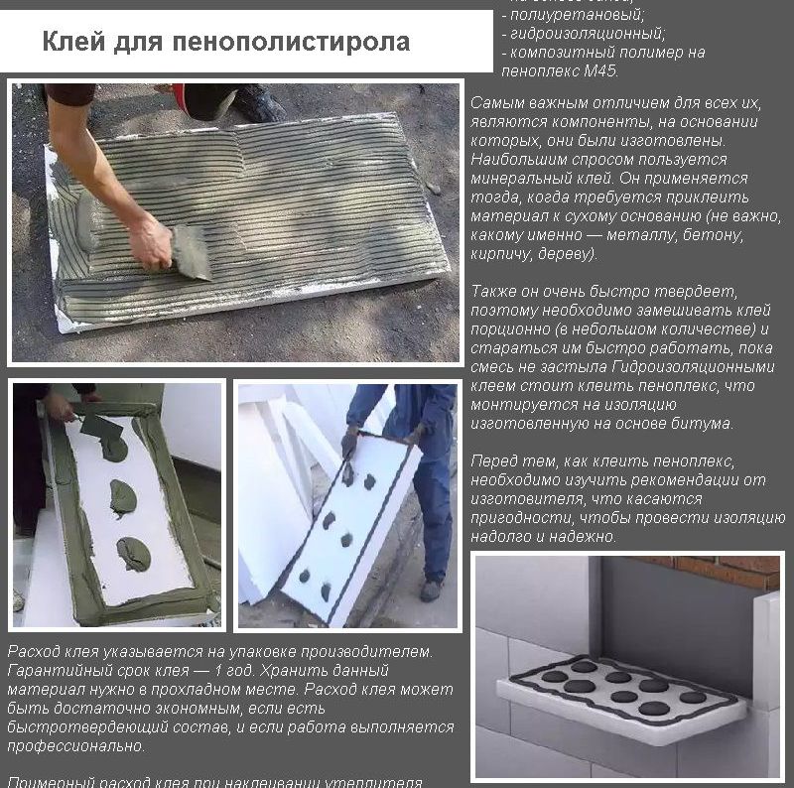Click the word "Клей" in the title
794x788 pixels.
[x=68, y=43]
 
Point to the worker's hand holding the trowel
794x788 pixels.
[x=151, y=241]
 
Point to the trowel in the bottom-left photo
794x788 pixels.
[x=100, y=427]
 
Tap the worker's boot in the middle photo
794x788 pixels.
[x=430, y=591]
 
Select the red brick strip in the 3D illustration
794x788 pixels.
[x=733, y=572]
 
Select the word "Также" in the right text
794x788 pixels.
[x=494, y=292]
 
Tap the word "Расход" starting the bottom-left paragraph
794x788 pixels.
[x=33, y=652]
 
